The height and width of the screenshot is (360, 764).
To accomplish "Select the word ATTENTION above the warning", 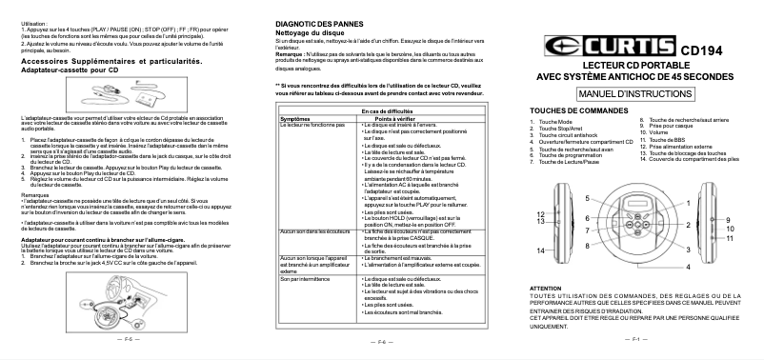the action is [545, 287].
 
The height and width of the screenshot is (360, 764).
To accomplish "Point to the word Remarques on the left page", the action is [35, 193].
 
